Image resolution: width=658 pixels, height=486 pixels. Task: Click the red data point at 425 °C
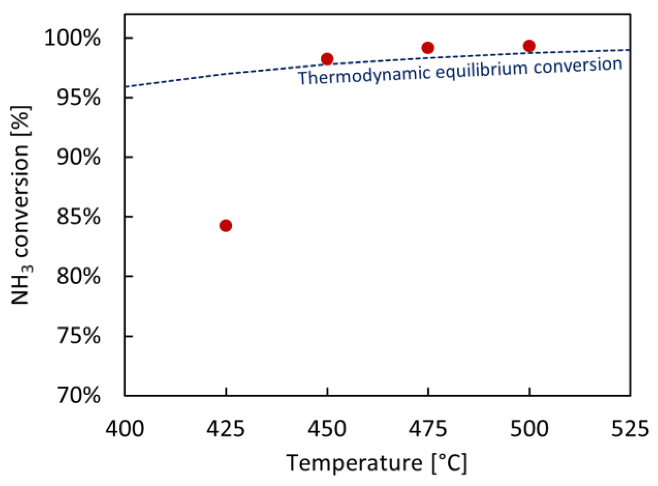tap(225, 225)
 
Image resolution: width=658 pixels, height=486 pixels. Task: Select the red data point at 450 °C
tap(327, 59)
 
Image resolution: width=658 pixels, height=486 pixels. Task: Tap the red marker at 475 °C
tap(428, 48)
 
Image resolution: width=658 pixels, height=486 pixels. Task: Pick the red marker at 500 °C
tap(529, 46)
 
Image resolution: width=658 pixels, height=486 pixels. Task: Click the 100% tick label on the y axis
tap(72, 38)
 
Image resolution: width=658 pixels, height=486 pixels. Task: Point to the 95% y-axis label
tap(78, 98)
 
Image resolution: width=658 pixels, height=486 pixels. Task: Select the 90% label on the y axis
tap(78, 157)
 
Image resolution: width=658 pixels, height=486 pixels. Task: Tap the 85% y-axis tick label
tap(78, 217)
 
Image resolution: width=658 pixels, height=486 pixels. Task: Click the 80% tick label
tap(78, 276)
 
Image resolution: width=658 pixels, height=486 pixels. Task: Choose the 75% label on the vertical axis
tap(78, 336)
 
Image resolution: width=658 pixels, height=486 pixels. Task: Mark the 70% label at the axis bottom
tap(78, 395)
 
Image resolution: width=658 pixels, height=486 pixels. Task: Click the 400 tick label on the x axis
tap(125, 429)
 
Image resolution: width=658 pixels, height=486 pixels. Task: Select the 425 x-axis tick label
tap(225, 429)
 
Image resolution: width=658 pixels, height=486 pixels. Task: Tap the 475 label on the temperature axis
tap(428, 429)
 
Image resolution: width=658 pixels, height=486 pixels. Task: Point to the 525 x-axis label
tap(630, 429)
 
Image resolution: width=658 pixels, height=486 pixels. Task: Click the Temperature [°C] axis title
tap(376, 463)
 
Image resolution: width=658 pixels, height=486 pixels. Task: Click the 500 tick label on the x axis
tap(529, 429)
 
